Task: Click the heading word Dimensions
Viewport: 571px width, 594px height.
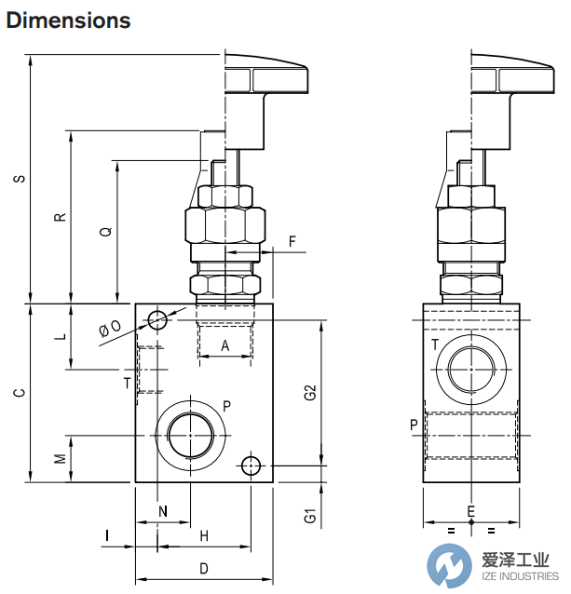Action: coord(68,20)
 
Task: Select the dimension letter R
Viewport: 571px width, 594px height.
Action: coord(59,217)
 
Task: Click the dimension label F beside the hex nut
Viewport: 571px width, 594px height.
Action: coord(292,242)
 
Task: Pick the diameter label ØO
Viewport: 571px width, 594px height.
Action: coord(109,328)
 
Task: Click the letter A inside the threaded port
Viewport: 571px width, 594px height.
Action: coord(224,345)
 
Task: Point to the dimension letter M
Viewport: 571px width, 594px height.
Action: coord(59,459)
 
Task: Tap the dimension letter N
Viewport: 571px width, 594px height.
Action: coord(163,510)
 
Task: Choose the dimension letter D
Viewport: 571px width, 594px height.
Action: coord(203,568)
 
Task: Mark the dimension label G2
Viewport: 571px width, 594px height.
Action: coord(311,393)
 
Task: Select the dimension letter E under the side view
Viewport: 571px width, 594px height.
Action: coord(470,510)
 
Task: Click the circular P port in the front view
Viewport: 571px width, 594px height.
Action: coord(191,433)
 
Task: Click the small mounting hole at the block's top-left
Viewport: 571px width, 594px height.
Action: coord(156,320)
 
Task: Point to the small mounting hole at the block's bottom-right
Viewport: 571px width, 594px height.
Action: coord(250,465)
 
